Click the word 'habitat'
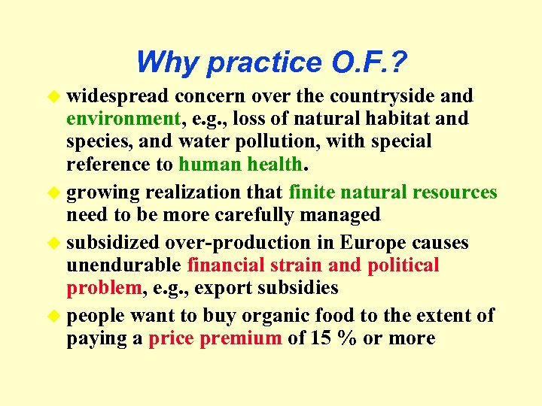point(406,119)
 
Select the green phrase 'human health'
point(240,164)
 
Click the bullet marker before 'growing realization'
point(53,192)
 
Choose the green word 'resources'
point(455,192)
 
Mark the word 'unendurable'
point(123,265)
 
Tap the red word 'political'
point(402,265)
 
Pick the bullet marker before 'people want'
point(53,316)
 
